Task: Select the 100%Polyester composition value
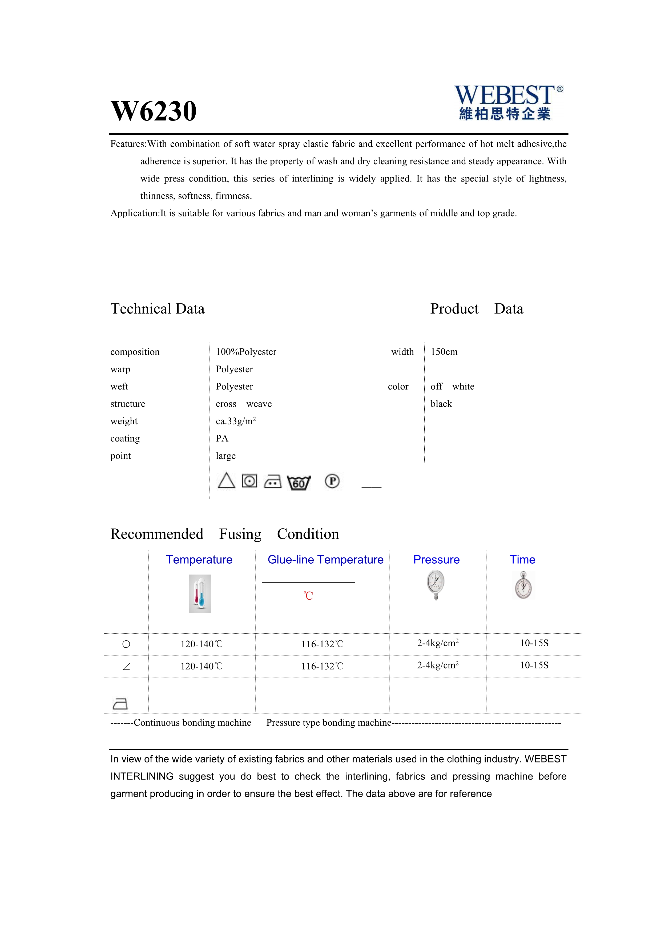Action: (246, 352)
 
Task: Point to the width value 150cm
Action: (444, 352)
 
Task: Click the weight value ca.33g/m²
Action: (236, 421)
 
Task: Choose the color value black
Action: (441, 404)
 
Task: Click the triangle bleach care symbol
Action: (226, 481)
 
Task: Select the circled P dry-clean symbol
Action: (332, 481)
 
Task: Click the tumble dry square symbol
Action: (249, 481)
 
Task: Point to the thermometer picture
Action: (200, 594)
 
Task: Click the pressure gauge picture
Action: (436, 585)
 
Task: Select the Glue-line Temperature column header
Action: (325, 560)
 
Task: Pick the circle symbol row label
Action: (126, 644)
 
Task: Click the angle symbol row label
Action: (126, 667)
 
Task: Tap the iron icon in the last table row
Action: (120, 703)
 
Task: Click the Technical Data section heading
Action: (158, 309)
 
